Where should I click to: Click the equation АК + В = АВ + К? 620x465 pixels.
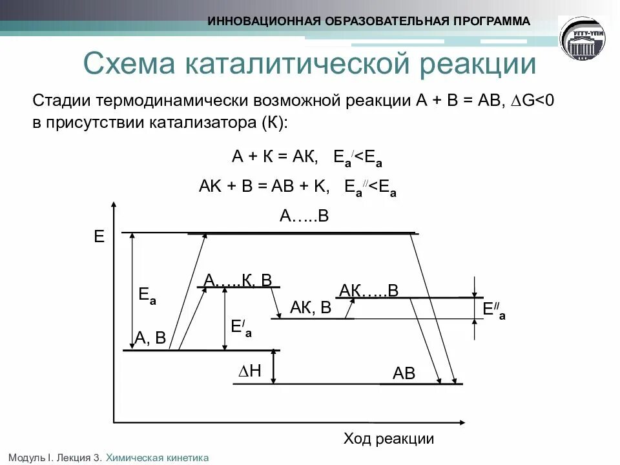point(264,187)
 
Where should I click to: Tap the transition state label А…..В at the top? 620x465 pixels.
point(304,216)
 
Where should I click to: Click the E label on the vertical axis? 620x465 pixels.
point(99,236)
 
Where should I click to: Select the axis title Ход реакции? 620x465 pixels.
point(388,439)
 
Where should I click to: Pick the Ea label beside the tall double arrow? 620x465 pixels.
point(147,296)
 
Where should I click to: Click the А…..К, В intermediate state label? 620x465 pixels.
point(238,280)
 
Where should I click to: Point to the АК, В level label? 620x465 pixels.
point(311,308)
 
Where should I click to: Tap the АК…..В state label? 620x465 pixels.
point(369,291)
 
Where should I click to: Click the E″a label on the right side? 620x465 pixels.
point(494,310)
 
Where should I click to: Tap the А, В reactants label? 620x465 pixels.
point(150,338)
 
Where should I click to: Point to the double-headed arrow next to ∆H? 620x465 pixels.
point(274,367)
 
